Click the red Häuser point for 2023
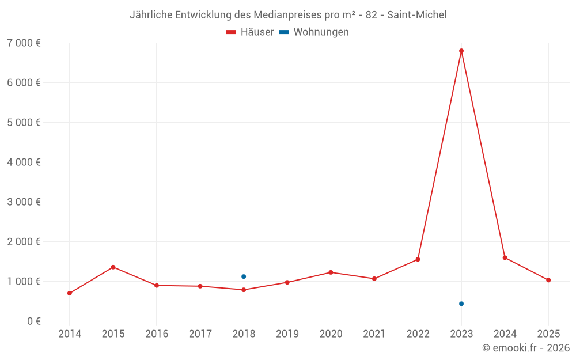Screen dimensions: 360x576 tap(461, 51)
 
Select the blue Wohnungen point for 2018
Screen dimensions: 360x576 tap(244, 276)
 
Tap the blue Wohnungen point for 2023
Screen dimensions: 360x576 tap(461, 304)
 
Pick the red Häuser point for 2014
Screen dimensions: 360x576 tap(70, 293)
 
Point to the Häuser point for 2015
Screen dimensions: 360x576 tap(113, 267)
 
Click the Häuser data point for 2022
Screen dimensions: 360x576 tap(418, 259)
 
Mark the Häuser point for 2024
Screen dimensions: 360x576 tap(505, 257)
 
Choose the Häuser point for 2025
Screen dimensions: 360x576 tap(548, 280)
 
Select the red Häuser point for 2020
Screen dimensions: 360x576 tap(331, 272)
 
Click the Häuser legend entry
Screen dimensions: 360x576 tap(251, 32)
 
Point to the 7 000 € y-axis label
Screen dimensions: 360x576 tap(24, 43)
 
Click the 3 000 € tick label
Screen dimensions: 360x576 tap(24, 202)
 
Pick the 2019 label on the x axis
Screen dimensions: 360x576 tap(287, 334)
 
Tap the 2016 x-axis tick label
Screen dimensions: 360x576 tap(157, 334)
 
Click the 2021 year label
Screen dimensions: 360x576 tap(374, 334)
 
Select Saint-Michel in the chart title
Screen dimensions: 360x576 tap(416, 14)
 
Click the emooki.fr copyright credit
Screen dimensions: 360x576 tap(526, 348)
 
